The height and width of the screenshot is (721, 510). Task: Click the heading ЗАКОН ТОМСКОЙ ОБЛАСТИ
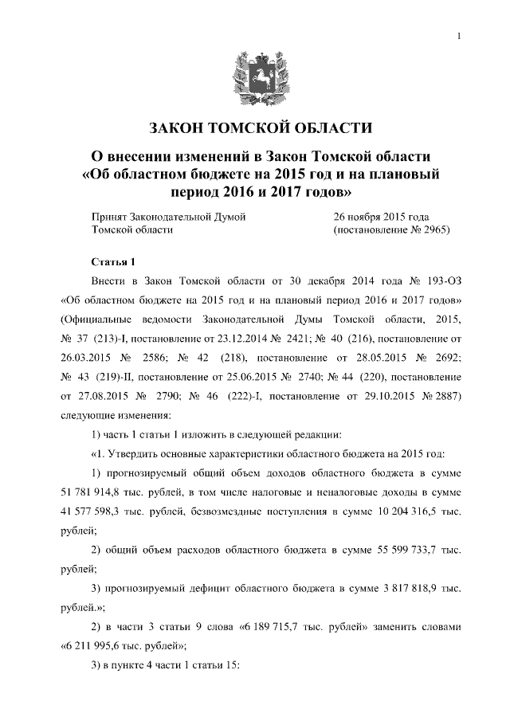(x=255, y=127)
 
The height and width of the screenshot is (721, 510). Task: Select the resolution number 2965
(x=435, y=229)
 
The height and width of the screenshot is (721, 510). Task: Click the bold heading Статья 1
(x=115, y=262)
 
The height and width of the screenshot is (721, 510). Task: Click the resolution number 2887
(x=434, y=396)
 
